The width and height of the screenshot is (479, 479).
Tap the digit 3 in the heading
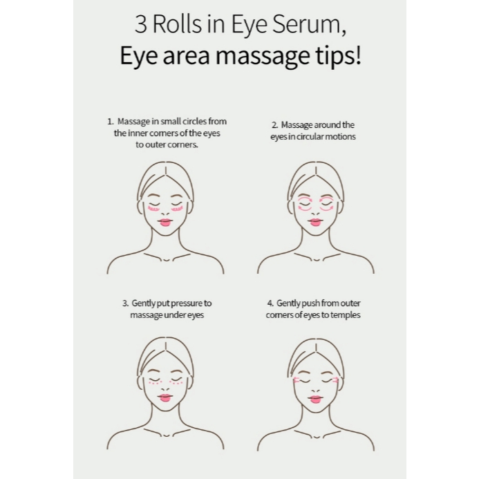140,25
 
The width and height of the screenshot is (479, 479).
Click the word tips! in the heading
339,55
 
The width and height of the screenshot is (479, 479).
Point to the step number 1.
110,121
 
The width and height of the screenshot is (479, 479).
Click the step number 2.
274,125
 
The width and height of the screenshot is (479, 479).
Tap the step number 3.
125,303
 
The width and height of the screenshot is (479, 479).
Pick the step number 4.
270,303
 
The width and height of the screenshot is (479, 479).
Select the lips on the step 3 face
165,398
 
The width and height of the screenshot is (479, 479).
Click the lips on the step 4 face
316,399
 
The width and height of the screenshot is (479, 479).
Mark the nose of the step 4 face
316,387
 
